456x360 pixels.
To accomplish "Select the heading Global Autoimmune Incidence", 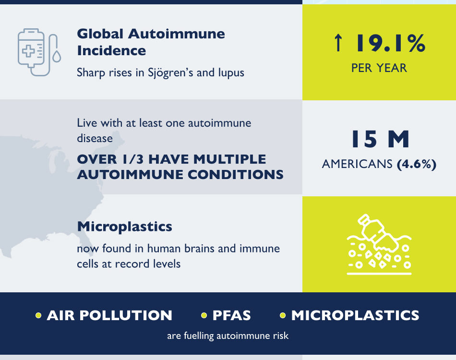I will tap(151, 42).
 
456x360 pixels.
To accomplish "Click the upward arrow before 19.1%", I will tap(338, 43).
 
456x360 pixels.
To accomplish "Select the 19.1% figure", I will tap(390, 43).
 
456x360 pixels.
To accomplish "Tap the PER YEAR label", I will tap(379, 68).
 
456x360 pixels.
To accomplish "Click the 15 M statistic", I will tap(379, 139).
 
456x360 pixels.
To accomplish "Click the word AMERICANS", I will tap(357, 164).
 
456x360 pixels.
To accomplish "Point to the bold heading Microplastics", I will tap(124, 226).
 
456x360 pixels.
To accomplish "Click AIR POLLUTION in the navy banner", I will tap(109, 315).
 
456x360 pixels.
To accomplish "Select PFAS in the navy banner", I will tap(231, 315).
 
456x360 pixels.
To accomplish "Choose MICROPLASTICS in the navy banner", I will tap(355, 315).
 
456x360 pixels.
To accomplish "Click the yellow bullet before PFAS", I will tap(204, 315).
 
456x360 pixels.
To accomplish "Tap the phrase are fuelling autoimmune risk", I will tap(228, 336).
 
